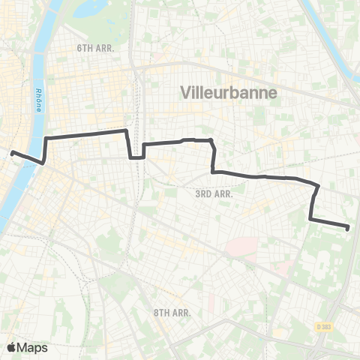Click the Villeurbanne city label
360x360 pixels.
pyautogui.click(x=229, y=93)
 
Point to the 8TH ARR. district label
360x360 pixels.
pyautogui.click(x=172, y=312)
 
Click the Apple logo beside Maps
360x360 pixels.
pyautogui.click(x=11, y=347)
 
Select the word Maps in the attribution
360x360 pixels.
pyautogui.click(x=32, y=347)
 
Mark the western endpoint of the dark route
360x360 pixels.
pyautogui.click(x=13, y=153)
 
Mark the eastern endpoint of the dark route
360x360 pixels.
pyautogui.click(x=349, y=227)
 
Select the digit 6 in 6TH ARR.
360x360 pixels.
pyautogui.click(x=79, y=47)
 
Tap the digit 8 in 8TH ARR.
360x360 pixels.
pyautogui.click(x=156, y=312)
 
